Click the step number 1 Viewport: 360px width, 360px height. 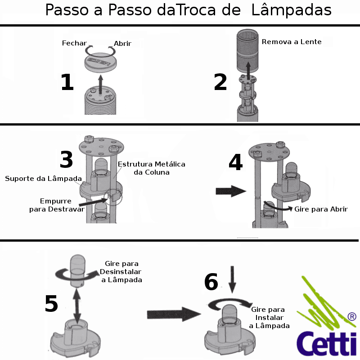[x=67, y=83]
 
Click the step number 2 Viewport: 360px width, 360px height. [x=220, y=83]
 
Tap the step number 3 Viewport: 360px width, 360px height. [x=66, y=160]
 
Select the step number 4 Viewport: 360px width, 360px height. [x=235, y=163]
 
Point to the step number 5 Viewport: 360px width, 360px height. [x=51, y=304]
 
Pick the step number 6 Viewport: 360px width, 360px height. [x=211, y=283]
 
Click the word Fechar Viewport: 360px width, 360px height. [x=74, y=43]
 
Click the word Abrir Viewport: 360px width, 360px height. [x=122, y=44]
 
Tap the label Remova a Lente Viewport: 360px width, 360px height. [x=292, y=42]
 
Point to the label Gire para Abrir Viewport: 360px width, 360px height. [x=321, y=209]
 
